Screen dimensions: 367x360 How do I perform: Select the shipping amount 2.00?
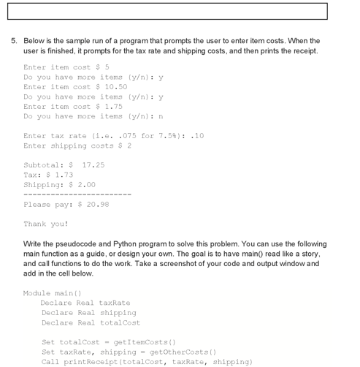(x=86, y=185)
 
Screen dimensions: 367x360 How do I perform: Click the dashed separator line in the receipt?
(x=77, y=195)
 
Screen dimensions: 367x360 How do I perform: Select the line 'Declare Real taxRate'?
(x=86, y=303)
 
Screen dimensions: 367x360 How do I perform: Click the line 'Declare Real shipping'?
(x=88, y=313)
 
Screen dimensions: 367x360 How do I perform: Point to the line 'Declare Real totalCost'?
(x=91, y=322)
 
